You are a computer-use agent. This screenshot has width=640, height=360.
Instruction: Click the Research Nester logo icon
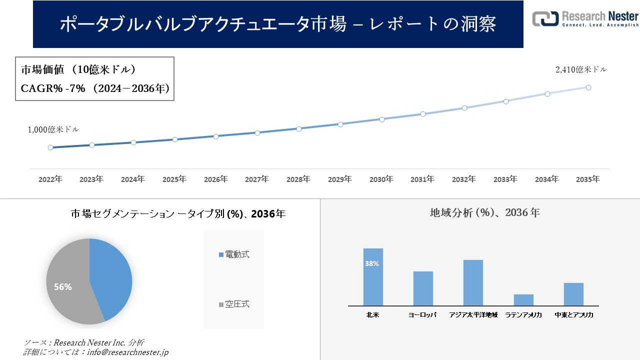[545, 18]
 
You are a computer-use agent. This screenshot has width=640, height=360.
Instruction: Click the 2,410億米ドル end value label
[581, 70]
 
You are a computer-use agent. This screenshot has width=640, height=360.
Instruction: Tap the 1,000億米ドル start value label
[53, 129]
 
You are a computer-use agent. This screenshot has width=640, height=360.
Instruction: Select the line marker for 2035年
[588, 87]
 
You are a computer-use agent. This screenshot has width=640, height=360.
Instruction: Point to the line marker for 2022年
[50, 147]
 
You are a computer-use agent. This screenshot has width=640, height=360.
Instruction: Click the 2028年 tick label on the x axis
[298, 179]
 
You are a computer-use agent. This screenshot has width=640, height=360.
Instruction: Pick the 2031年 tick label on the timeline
[422, 179]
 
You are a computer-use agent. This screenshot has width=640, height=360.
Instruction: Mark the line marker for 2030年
[381, 119]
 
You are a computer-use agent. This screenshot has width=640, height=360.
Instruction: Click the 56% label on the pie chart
[63, 287]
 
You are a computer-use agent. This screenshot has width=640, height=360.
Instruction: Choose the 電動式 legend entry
[234, 254]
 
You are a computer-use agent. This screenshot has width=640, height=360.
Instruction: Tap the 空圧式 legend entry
[234, 304]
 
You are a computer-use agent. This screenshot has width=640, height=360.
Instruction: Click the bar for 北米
[373, 277]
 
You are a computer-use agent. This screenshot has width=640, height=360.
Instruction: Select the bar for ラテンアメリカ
[523, 300]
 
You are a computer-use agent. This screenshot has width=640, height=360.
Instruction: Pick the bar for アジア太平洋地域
[473, 282]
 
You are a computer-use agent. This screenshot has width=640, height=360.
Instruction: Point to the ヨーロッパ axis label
[422, 315]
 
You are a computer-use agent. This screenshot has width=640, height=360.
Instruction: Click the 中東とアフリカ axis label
[574, 315]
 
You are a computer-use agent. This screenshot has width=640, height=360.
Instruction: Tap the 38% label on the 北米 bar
[372, 263]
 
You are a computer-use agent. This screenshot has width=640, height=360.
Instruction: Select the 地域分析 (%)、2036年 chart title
[484, 212]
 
